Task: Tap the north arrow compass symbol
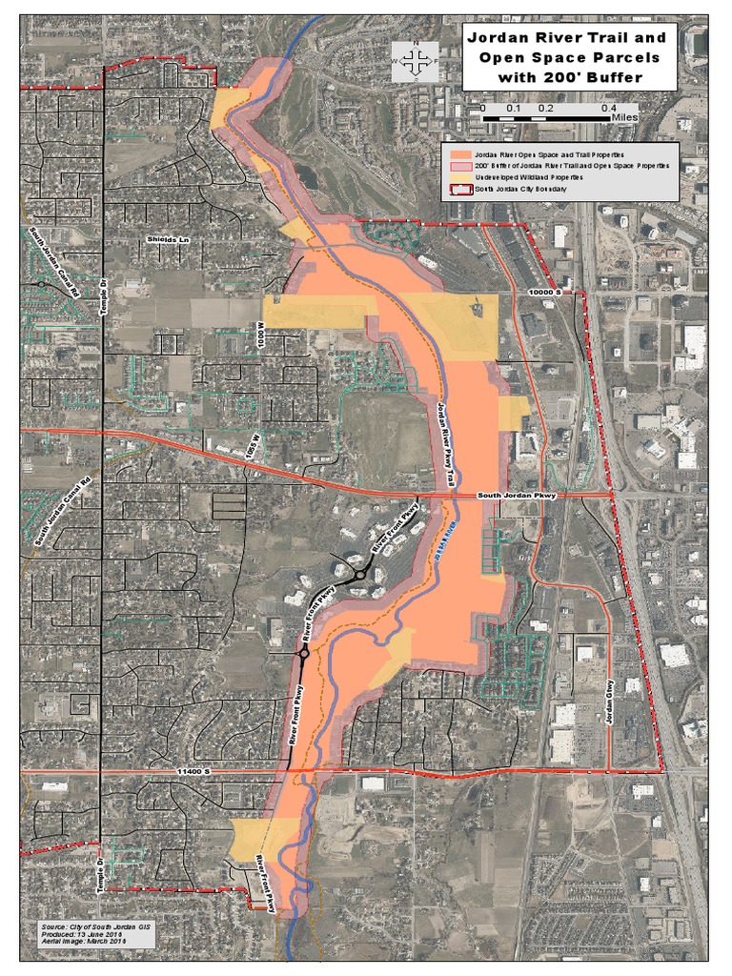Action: click(x=414, y=61)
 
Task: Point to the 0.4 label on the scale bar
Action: click(x=606, y=109)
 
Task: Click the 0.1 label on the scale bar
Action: click(x=513, y=109)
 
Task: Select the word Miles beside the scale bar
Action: click(x=624, y=118)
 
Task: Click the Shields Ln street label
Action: click(x=163, y=238)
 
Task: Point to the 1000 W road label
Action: click(x=258, y=337)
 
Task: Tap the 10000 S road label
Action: click(x=552, y=289)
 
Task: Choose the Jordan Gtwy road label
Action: click(x=607, y=705)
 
